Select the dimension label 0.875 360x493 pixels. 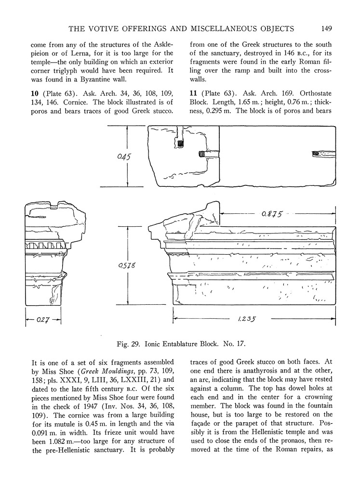click(272, 214)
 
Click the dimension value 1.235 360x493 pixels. click(246, 318)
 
